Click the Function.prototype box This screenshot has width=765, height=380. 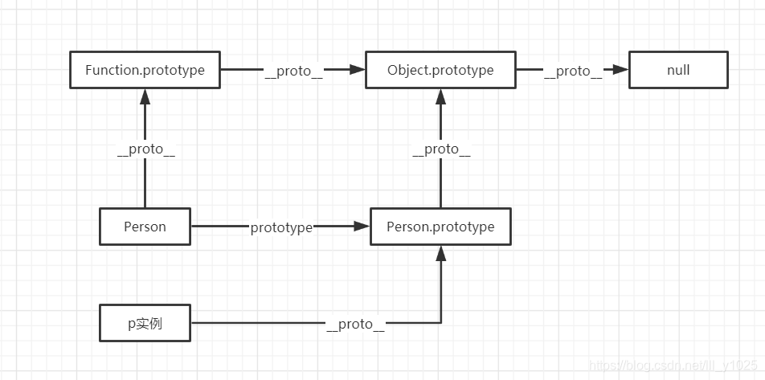[145, 70]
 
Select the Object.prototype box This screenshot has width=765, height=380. [440, 70]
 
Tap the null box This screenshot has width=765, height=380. [677, 70]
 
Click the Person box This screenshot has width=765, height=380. [145, 227]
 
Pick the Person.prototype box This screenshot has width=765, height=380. [440, 227]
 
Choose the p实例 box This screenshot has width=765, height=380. [145, 323]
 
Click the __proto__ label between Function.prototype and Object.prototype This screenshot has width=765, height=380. [293, 71]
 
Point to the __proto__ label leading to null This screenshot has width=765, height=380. [572, 71]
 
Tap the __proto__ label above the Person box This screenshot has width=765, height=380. [145, 149]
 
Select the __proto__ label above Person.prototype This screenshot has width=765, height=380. [441, 149]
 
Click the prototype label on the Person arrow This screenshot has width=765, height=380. [281, 227]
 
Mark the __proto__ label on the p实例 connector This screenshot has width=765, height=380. [355, 324]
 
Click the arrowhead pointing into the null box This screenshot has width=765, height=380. [620, 70]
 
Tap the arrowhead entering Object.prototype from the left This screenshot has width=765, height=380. [358, 70]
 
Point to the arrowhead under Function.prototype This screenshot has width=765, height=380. [145, 96]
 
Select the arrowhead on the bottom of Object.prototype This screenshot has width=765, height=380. [440, 96]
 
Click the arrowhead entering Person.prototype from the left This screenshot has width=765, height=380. [362, 227]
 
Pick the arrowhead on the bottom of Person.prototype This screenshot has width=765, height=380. [440, 254]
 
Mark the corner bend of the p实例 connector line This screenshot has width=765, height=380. [440, 323]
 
